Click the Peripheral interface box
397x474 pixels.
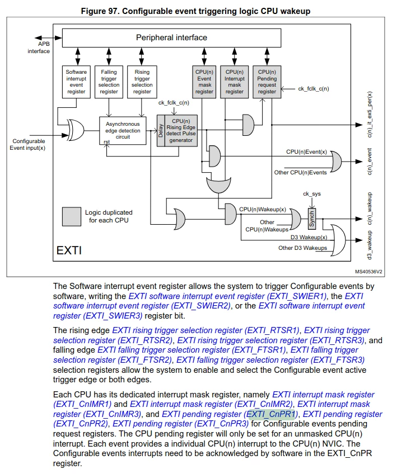click(171, 38)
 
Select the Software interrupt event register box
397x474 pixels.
click(76, 82)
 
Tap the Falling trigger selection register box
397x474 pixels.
click(109, 82)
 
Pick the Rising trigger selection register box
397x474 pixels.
click(142, 82)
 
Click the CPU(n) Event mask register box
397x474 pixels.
click(204, 82)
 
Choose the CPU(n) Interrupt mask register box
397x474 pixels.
click(235, 82)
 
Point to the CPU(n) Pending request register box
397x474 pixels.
click(267, 82)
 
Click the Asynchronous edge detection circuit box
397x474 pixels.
click(123, 131)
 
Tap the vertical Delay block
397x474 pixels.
click(161, 131)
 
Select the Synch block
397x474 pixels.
click(312, 219)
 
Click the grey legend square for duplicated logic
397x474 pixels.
click(72, 216)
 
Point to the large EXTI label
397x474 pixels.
click(69, 250)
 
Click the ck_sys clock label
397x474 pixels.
click(312, 194)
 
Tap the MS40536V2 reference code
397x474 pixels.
click(368, 272)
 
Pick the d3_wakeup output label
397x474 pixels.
click(370, 245)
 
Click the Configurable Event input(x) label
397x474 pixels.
click(27, 145)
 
